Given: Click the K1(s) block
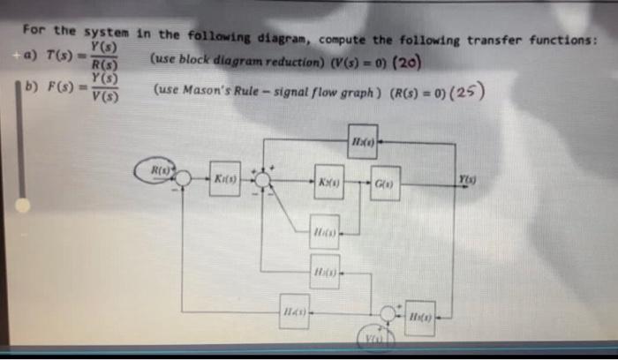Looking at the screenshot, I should [223, 179].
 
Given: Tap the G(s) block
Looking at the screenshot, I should [384, 182].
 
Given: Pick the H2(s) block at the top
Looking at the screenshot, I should [362, 141].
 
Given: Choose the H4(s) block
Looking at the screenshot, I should [294, 311].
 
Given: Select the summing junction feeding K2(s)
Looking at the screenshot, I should [262, 179].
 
